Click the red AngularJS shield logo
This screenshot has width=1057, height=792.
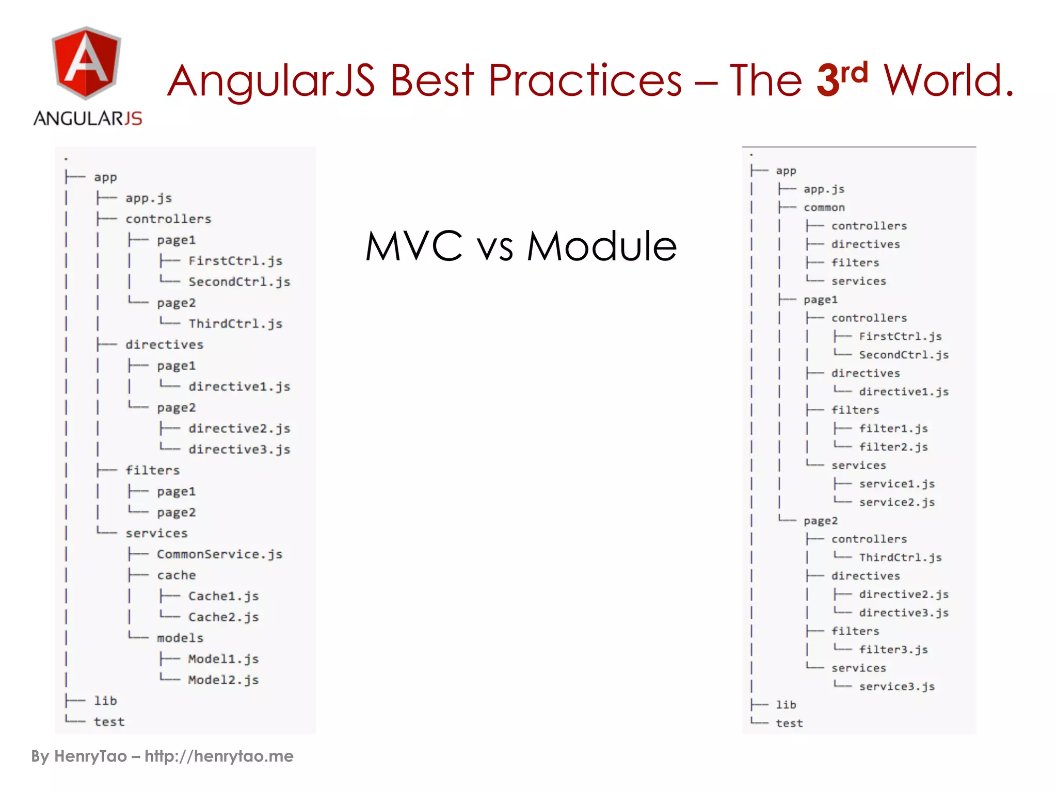coord(86,63)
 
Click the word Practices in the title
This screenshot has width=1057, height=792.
coord(585,81)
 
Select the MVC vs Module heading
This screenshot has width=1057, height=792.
coord(520,246)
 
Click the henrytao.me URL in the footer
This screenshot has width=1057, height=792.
coord(219,756)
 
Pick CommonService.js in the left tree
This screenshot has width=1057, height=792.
coord(219,554)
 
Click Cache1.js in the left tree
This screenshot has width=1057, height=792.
coord(223,596)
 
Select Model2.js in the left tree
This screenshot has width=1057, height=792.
coord(223,680)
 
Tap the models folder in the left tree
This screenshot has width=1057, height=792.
coord(180,638)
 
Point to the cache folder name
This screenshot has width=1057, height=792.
coord(176,575)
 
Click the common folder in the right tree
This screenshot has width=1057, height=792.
coord(824,208)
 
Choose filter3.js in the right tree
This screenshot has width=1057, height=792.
coord(893,650)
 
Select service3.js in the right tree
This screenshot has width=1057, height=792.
coord(896,687)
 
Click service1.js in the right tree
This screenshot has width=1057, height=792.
coord(896,484)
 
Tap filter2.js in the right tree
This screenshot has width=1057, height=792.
coord(893,447)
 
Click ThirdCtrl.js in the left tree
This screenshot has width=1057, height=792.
coord(235,324)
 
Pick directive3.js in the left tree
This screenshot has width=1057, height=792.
coord(239,450)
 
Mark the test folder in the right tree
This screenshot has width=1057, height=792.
coord(789,723)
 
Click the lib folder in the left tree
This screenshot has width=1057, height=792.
coord(105,701)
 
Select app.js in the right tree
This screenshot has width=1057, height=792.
coord(824,189)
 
